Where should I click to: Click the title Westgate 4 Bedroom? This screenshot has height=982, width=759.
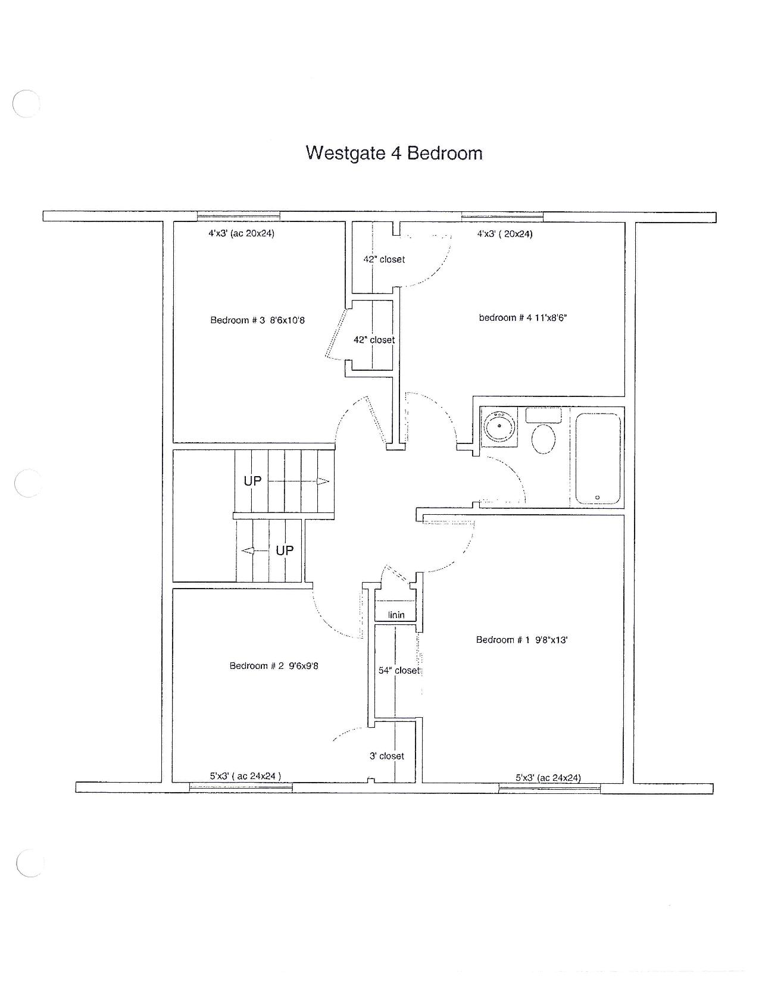coord(394,153)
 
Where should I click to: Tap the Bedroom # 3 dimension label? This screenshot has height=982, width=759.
coord(258,320)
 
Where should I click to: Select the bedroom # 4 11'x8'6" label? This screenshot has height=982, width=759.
coord(523,318)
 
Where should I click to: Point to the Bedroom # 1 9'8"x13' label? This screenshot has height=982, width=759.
coord(521,639)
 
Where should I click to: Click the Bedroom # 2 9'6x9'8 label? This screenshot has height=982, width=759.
coord(274,665)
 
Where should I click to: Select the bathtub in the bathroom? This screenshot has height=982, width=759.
coord(598,458)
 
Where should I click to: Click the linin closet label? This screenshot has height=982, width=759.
coord(396,615)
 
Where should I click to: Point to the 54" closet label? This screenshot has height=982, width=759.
coord(399,671)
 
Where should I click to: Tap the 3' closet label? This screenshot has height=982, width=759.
coord(387,756)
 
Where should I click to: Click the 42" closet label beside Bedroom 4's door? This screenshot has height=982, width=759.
coord(384,259)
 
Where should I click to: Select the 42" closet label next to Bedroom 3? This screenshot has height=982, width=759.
coord(374,340)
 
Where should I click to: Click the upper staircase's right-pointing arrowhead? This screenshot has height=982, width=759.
coord(323,481)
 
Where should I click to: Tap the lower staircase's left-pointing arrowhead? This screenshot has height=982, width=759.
coord(248,551)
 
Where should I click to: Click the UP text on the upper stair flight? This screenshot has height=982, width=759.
coord(252,481)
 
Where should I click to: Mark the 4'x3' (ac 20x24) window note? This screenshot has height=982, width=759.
coord(242,233)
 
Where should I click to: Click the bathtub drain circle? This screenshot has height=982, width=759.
coord(597,498)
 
